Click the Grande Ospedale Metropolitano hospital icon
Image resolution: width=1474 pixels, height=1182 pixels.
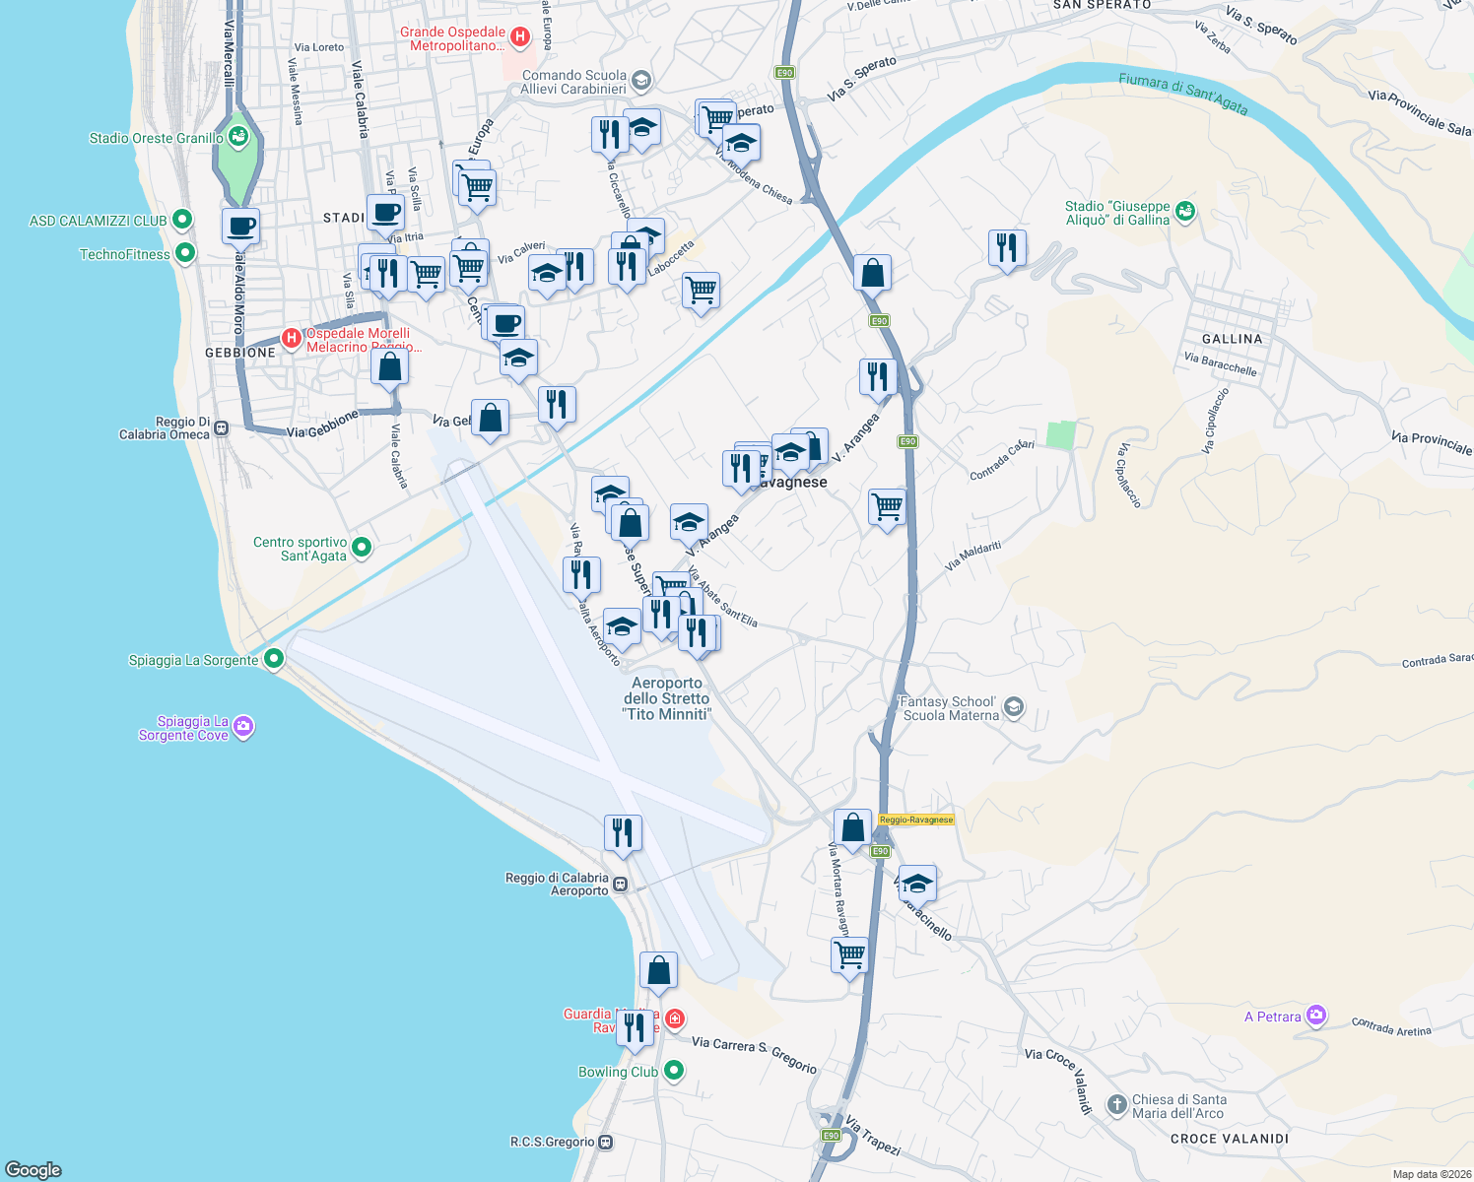(x=520, y=38)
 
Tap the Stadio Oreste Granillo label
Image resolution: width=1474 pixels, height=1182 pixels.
(x=156, y=138)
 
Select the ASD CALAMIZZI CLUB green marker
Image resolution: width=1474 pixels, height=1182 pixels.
(x=181, y=220)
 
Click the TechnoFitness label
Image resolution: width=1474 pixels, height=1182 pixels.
(x=124, y=254)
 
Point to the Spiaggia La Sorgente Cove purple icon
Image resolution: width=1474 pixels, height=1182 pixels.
(x=244, y=728)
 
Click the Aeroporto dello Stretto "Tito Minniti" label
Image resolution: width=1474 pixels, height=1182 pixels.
(x=667, y=698)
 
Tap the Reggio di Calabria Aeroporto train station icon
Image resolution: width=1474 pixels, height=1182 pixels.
(x=620, y=884)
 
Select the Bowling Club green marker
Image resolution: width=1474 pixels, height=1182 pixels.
(x=674, y=1070)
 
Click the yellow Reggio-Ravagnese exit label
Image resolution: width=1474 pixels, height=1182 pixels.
(x=916, y=820)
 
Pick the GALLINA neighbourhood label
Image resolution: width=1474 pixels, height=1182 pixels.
(x=1232, y=339)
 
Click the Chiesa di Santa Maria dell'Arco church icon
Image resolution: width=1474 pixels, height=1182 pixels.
(x=1116, y=1105)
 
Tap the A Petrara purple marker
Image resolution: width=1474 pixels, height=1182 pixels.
(x=1316, y=1017)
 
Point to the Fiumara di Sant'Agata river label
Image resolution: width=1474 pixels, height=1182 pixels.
(x=1182, y=95)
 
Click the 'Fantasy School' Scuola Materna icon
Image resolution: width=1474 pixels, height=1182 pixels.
(x=1013, y=708)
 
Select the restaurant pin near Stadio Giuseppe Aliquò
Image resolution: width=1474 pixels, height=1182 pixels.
(x=1007, y=248)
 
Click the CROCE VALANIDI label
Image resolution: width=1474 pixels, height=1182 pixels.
(x=1229, y=1139)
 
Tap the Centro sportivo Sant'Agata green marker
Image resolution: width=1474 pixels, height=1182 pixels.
(x=362, y=548)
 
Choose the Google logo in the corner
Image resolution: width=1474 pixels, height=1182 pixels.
(x=33, y=1169)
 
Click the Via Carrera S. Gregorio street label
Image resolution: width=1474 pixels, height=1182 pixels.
(x=754, y=1054)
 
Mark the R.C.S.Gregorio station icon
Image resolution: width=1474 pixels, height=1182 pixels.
(x=605, y=1143)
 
